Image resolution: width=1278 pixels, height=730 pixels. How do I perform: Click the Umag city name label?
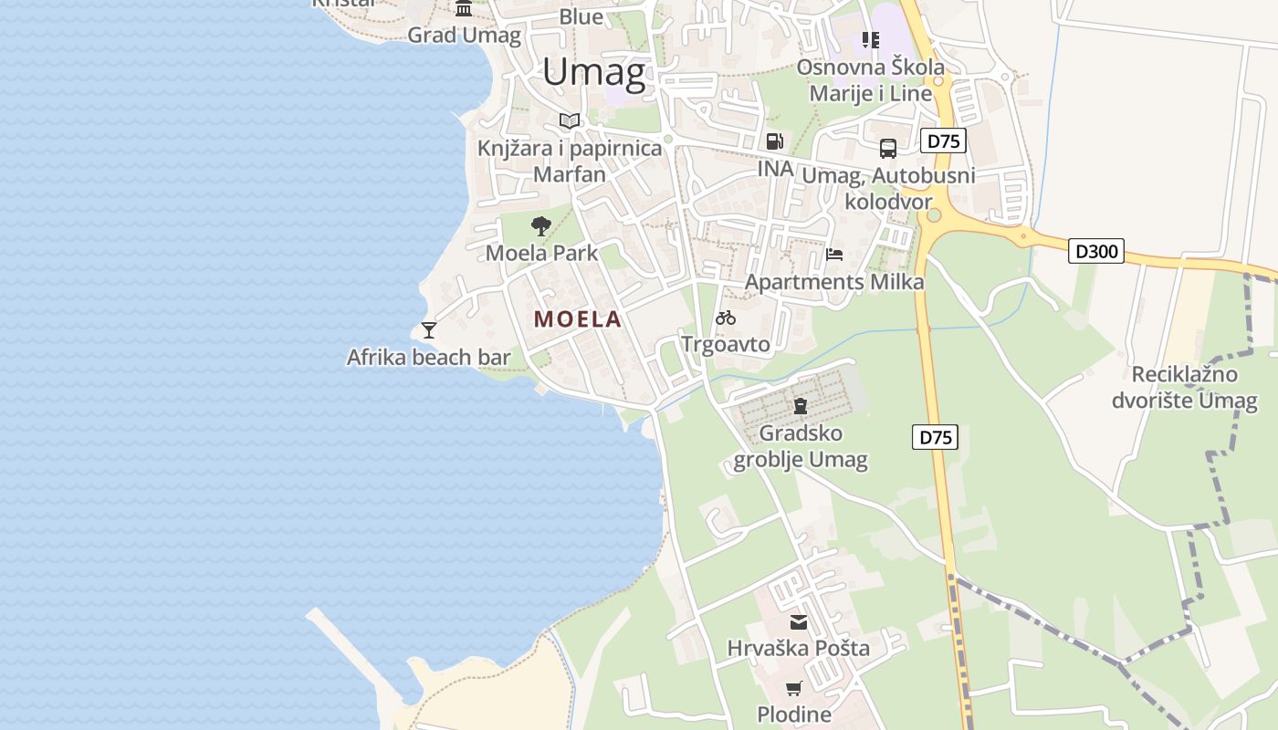[x=593, y=72]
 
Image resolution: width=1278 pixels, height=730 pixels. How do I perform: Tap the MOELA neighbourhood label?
[x=578, y=319]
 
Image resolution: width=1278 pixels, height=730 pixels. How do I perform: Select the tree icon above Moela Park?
[x=541, y=225]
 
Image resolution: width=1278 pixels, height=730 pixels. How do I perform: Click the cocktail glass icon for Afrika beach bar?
[x=429, y=329]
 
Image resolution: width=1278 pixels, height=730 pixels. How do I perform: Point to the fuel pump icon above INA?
[x=774, y=141]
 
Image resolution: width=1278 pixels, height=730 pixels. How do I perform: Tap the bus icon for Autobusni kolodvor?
[x=887, y=148]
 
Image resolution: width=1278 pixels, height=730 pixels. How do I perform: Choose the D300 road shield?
[x=1095, y=251]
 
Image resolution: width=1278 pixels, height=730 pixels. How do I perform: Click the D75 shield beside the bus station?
[x=943, y=141]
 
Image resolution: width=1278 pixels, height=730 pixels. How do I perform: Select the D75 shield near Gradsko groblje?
[x=935, y=437]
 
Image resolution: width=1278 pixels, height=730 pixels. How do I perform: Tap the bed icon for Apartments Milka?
[x=833, y=255]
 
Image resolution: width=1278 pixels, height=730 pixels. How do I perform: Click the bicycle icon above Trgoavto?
[x=726, y=318]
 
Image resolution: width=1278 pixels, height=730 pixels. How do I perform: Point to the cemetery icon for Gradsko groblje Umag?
[x=801, y=405]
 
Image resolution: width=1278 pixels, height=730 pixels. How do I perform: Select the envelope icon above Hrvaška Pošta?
[x=799, y=622]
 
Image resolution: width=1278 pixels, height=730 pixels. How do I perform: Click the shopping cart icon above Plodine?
[x=794, y=688]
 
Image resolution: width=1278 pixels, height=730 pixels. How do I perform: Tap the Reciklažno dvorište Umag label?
[x=1184, y=387]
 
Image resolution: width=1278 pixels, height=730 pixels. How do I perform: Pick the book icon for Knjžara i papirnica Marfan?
[x=570, y=120]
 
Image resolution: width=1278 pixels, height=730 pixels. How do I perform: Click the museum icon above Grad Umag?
[x=464, y=9]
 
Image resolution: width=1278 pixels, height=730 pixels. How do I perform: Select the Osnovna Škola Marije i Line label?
[x=870, y=80]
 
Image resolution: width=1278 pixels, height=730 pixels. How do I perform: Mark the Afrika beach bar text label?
[x=428, y=357]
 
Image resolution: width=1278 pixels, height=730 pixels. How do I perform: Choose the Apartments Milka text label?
[x=834, y=282]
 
